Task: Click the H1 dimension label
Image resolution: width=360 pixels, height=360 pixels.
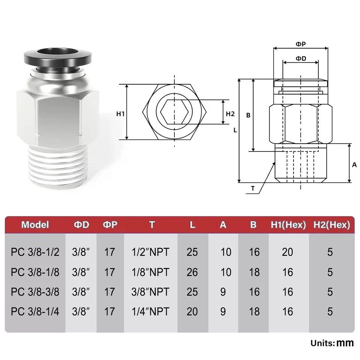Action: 120,114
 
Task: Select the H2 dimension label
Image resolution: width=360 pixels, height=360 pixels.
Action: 230,114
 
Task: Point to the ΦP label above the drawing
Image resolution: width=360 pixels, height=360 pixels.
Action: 301,44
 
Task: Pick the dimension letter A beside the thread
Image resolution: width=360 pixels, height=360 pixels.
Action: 355,165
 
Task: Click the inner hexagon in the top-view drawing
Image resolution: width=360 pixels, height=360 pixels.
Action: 174,112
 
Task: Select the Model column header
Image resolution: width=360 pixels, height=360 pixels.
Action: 35,225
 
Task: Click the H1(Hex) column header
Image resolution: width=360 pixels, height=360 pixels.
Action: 288,225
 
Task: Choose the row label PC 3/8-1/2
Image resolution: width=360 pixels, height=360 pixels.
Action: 35,252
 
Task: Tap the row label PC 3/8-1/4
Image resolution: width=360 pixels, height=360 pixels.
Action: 35,311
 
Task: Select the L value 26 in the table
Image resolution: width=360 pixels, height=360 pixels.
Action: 192,272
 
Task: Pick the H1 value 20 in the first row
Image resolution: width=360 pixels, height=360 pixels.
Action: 288,252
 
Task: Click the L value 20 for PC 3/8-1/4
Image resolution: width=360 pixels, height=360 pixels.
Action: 192,311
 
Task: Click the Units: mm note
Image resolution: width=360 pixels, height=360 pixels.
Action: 332,343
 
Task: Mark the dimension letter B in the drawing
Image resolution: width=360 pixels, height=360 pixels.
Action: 248,115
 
